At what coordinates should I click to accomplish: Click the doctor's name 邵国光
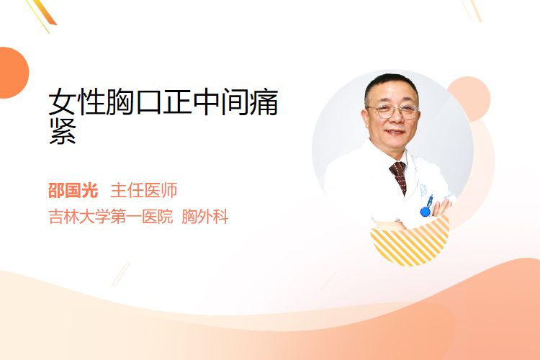pyautogui.click(x=73, y=191)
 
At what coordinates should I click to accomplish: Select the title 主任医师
pyautogui.click(x=143, y=191)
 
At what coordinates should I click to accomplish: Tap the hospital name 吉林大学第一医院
pyautogui.click(x=111, y=217)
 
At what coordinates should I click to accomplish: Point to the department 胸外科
pyautogui.click(x=205, y=217)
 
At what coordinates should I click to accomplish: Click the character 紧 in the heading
pyautogui.click(x=63, y=132)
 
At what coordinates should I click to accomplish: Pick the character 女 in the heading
pyautogui.click(x=62, y=102)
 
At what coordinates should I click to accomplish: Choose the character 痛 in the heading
pyautogui.click(x=264, y=102)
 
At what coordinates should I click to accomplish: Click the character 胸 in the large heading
pyautogui.click(x=120, y=102)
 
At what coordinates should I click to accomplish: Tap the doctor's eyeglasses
pyautogui.click(x=393, y=111)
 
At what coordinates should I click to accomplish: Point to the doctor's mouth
pyautogui.click(x=395, y=132)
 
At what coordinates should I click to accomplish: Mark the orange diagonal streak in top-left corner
pyautogui.click(x=44, y=13)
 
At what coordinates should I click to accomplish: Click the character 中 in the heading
pyautogui.click(x=206, y=102)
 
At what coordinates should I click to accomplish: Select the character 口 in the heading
pyautogui.click(x=148, y=103)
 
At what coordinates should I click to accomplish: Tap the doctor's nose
pyautogui.click(x=395, y=119)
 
